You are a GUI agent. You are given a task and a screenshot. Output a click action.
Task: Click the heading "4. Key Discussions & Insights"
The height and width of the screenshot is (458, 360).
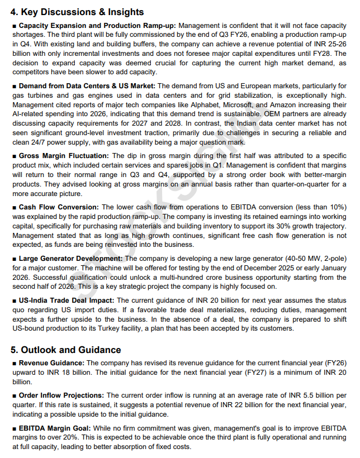77,12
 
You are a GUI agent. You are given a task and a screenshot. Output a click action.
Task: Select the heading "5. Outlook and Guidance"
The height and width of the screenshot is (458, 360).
65,350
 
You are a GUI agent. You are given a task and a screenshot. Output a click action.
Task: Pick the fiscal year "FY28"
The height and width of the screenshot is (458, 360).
328,54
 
